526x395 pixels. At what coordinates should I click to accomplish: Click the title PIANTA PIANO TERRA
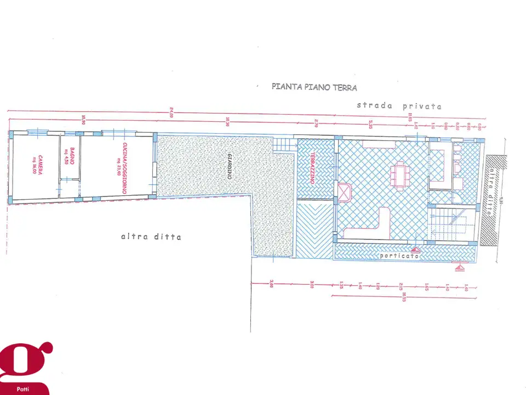(x=314, y=87)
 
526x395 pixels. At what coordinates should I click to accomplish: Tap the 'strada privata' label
(x=399, y=106)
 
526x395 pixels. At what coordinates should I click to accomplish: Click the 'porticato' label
(x=400, y=256)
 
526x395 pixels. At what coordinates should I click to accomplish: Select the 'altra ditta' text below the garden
(x=151, y=237)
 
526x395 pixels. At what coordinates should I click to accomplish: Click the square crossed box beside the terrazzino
(x=345, y=193)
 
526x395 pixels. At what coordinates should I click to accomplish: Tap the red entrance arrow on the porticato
(x=459, y=267)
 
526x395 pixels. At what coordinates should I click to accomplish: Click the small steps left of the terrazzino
(x=284, y=145)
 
